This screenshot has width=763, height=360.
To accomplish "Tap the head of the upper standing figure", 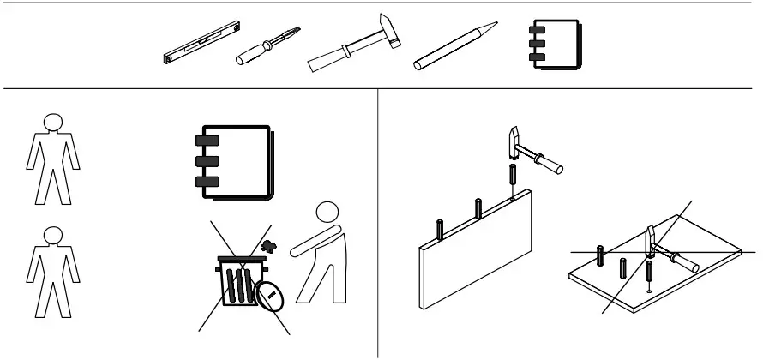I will pos(53,122).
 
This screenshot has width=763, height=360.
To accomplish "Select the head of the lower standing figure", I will pos(53,234).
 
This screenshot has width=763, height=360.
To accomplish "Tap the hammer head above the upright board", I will pos(514,141).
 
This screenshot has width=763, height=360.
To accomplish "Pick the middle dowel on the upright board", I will pos(477,208).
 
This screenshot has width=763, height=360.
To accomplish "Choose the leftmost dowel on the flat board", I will pos(601,257).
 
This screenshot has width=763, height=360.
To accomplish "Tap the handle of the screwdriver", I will pos(252,57).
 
